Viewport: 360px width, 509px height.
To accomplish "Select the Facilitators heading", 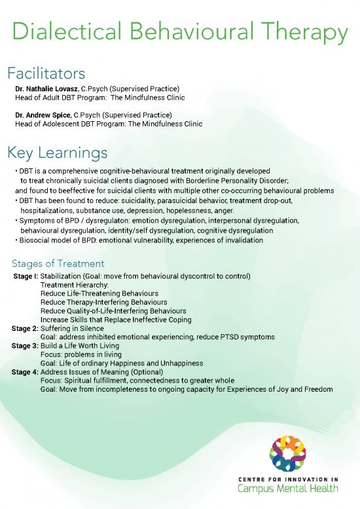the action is click(x=45, y=72).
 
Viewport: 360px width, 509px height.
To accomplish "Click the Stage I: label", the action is click(x=26, y=277).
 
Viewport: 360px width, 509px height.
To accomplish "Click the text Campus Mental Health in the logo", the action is click(x=287, y=488).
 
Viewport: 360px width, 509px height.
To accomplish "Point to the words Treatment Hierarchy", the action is click(x=74, y=286).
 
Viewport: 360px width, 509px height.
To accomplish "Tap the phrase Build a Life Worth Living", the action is click(x=81, y=346).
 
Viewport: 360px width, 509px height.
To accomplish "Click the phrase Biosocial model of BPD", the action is click(x=60, y=240).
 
